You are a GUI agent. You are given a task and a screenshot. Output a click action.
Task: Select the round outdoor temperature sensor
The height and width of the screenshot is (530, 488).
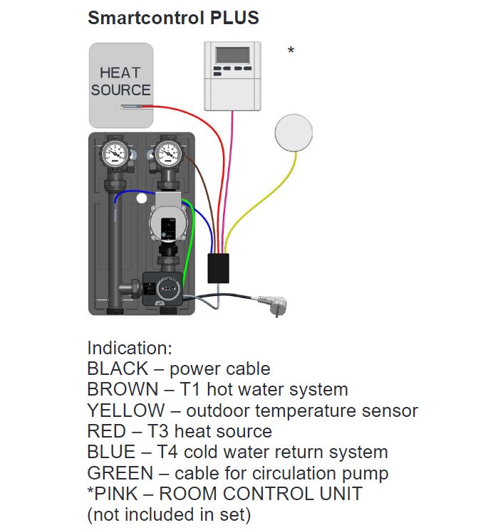pos(294,133)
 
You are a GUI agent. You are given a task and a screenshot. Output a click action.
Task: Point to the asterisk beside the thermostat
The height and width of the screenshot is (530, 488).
pos(291,51)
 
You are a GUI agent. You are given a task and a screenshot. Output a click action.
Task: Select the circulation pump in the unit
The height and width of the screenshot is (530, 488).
pos(166,222)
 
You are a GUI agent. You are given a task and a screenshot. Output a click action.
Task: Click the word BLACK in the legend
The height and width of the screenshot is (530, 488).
pos(115,369)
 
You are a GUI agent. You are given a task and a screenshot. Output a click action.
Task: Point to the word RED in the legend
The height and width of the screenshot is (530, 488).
pos(103,431)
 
